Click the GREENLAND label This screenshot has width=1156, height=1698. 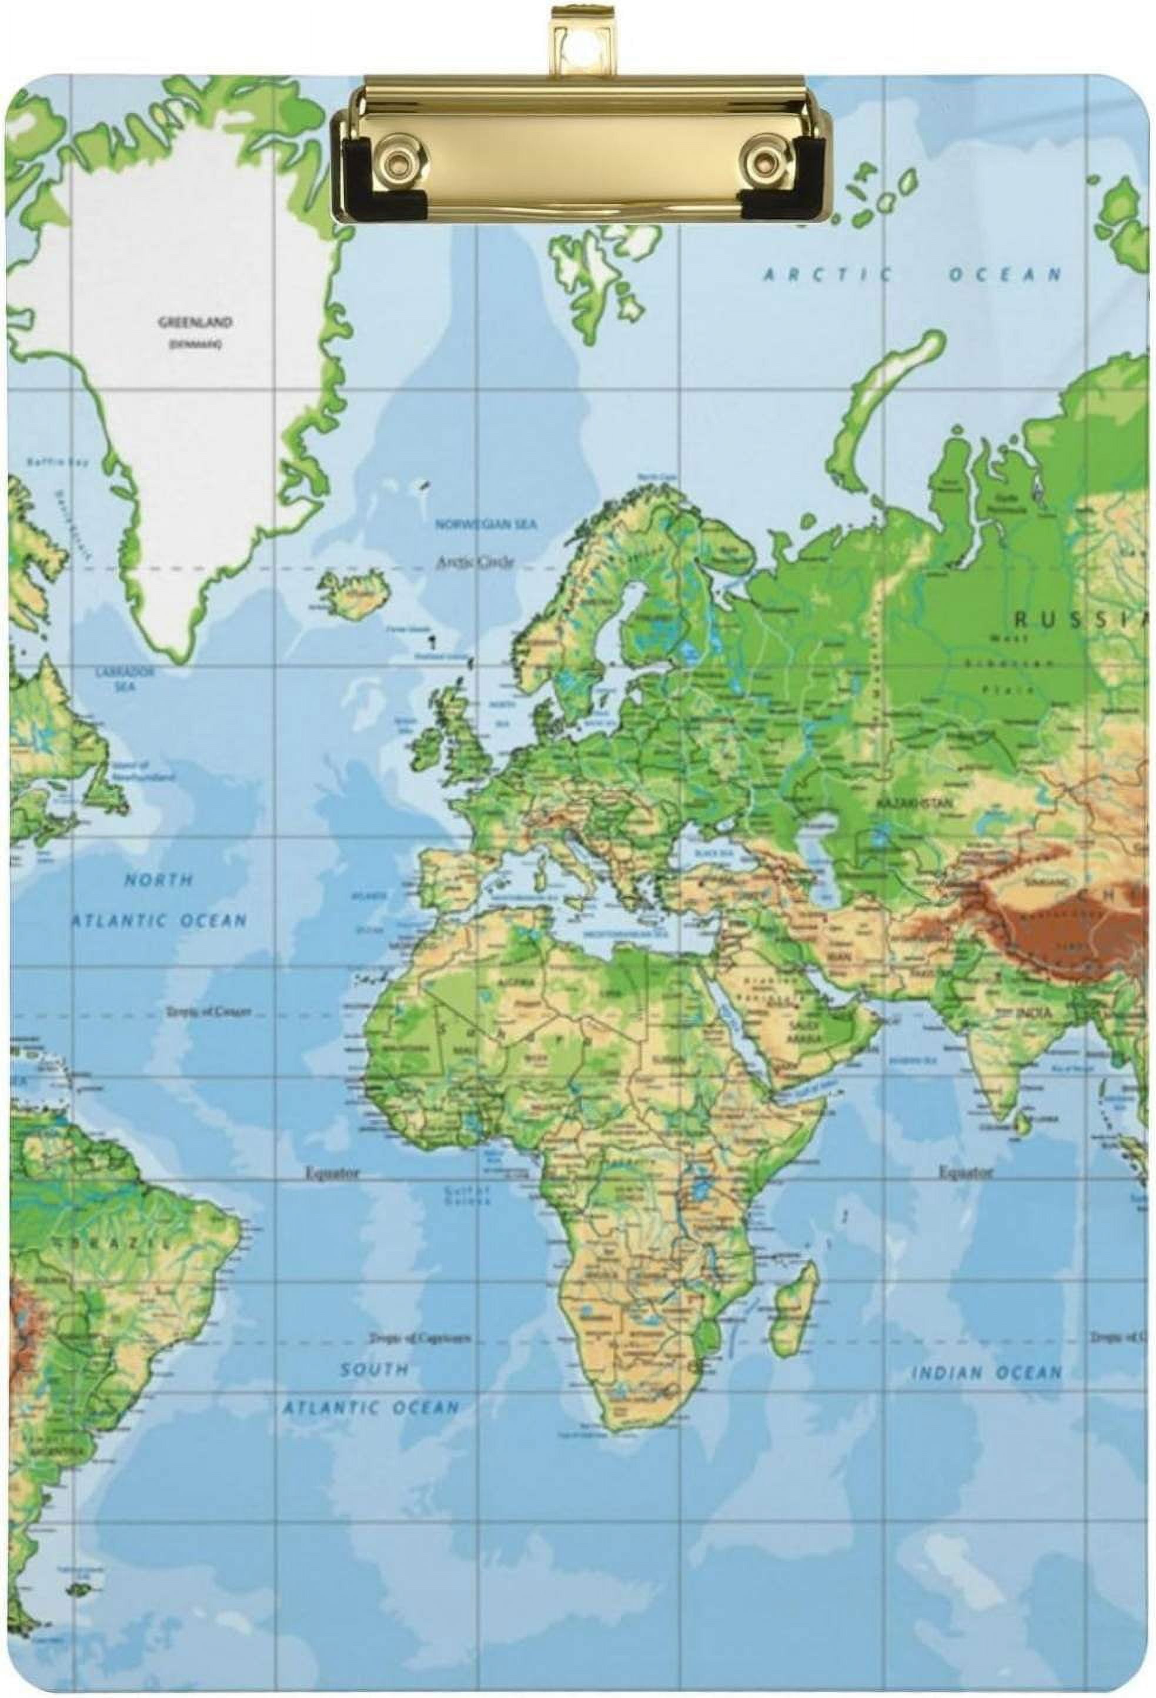[195, 322]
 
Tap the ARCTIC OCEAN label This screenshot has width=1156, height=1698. [911, 275]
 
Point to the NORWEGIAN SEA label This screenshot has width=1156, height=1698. [486, 524]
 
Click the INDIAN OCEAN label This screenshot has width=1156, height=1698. [985, 1373]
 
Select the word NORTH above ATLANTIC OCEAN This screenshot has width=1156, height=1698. [159, 880]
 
